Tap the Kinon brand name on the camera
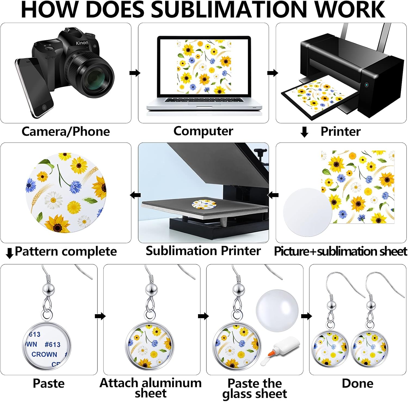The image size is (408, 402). point(82,43)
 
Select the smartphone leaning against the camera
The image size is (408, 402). point(34,87)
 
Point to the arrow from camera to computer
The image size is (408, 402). point(135,73)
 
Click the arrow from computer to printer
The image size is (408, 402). point(273,73)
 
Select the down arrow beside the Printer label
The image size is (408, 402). point(304,132)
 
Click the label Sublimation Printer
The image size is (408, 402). point(203,251)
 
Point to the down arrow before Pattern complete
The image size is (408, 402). point(10,253)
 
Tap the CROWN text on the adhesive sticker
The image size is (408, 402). point(44,354)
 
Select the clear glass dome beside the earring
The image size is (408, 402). point(277,310)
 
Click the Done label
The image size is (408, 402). point(357,383)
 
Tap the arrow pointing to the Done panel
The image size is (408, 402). point(307,316)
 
